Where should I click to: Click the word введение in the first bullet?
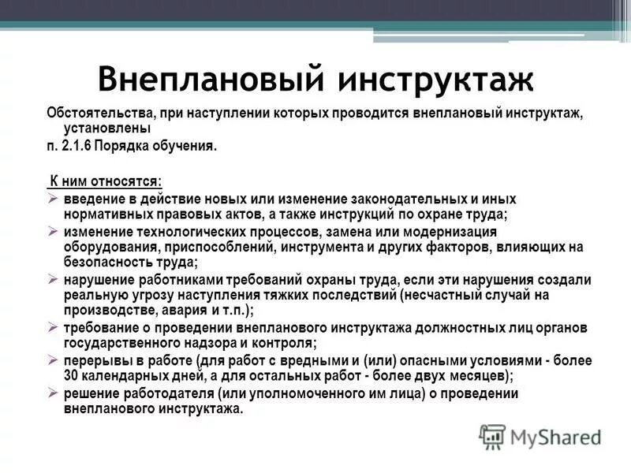94,199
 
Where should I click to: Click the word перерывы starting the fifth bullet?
93,360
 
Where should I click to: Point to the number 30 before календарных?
71,375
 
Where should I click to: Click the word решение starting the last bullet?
89,393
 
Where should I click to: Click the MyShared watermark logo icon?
491,436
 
